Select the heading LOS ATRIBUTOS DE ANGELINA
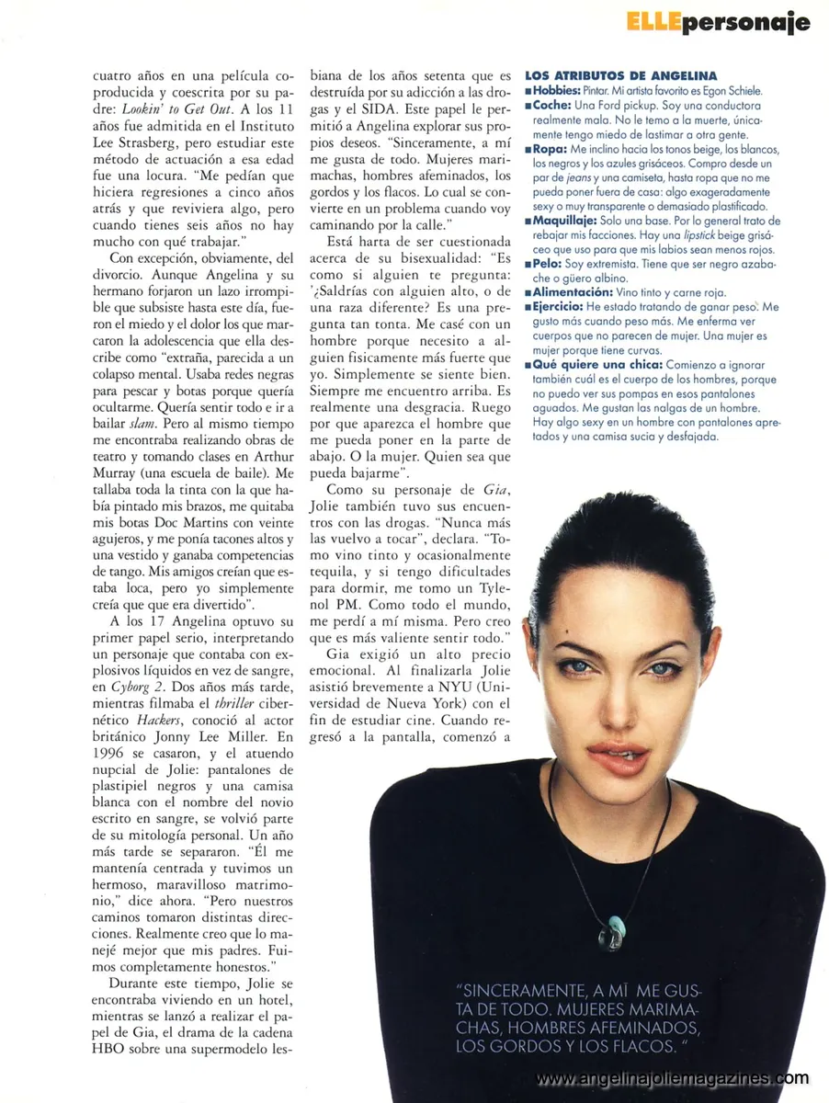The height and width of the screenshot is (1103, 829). [x=620, y=75]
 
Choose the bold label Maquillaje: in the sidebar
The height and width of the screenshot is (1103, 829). [x=562, y=222]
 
